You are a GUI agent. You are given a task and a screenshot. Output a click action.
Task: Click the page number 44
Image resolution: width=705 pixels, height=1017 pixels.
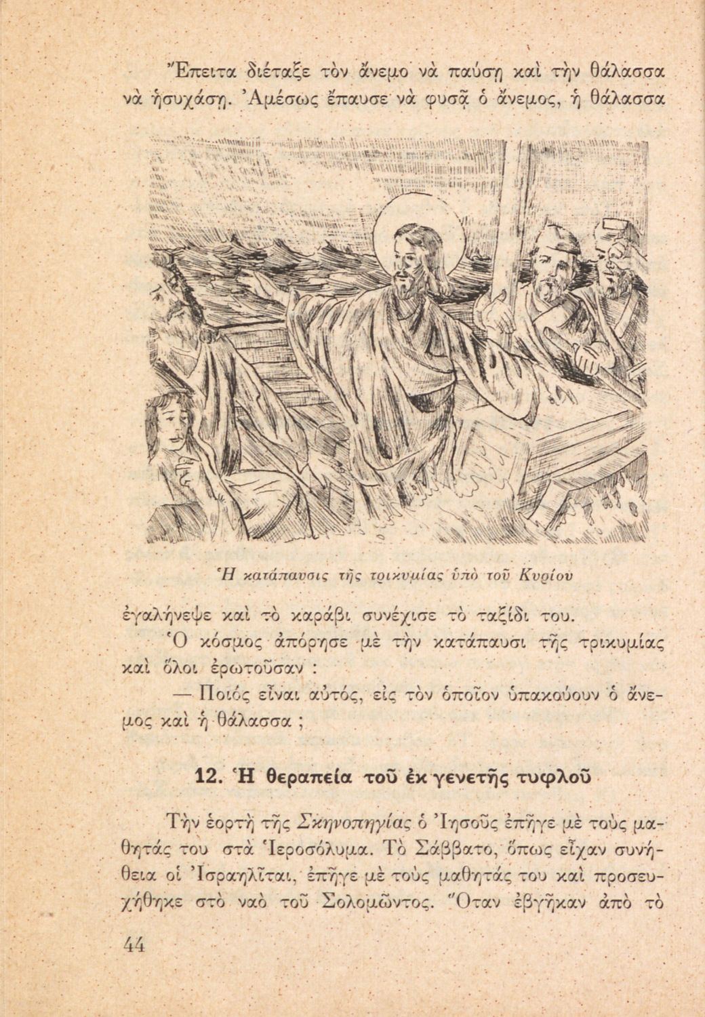[133, 944]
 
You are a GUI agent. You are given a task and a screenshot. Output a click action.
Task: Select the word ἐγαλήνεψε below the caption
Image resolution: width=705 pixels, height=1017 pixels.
[163, 617]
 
